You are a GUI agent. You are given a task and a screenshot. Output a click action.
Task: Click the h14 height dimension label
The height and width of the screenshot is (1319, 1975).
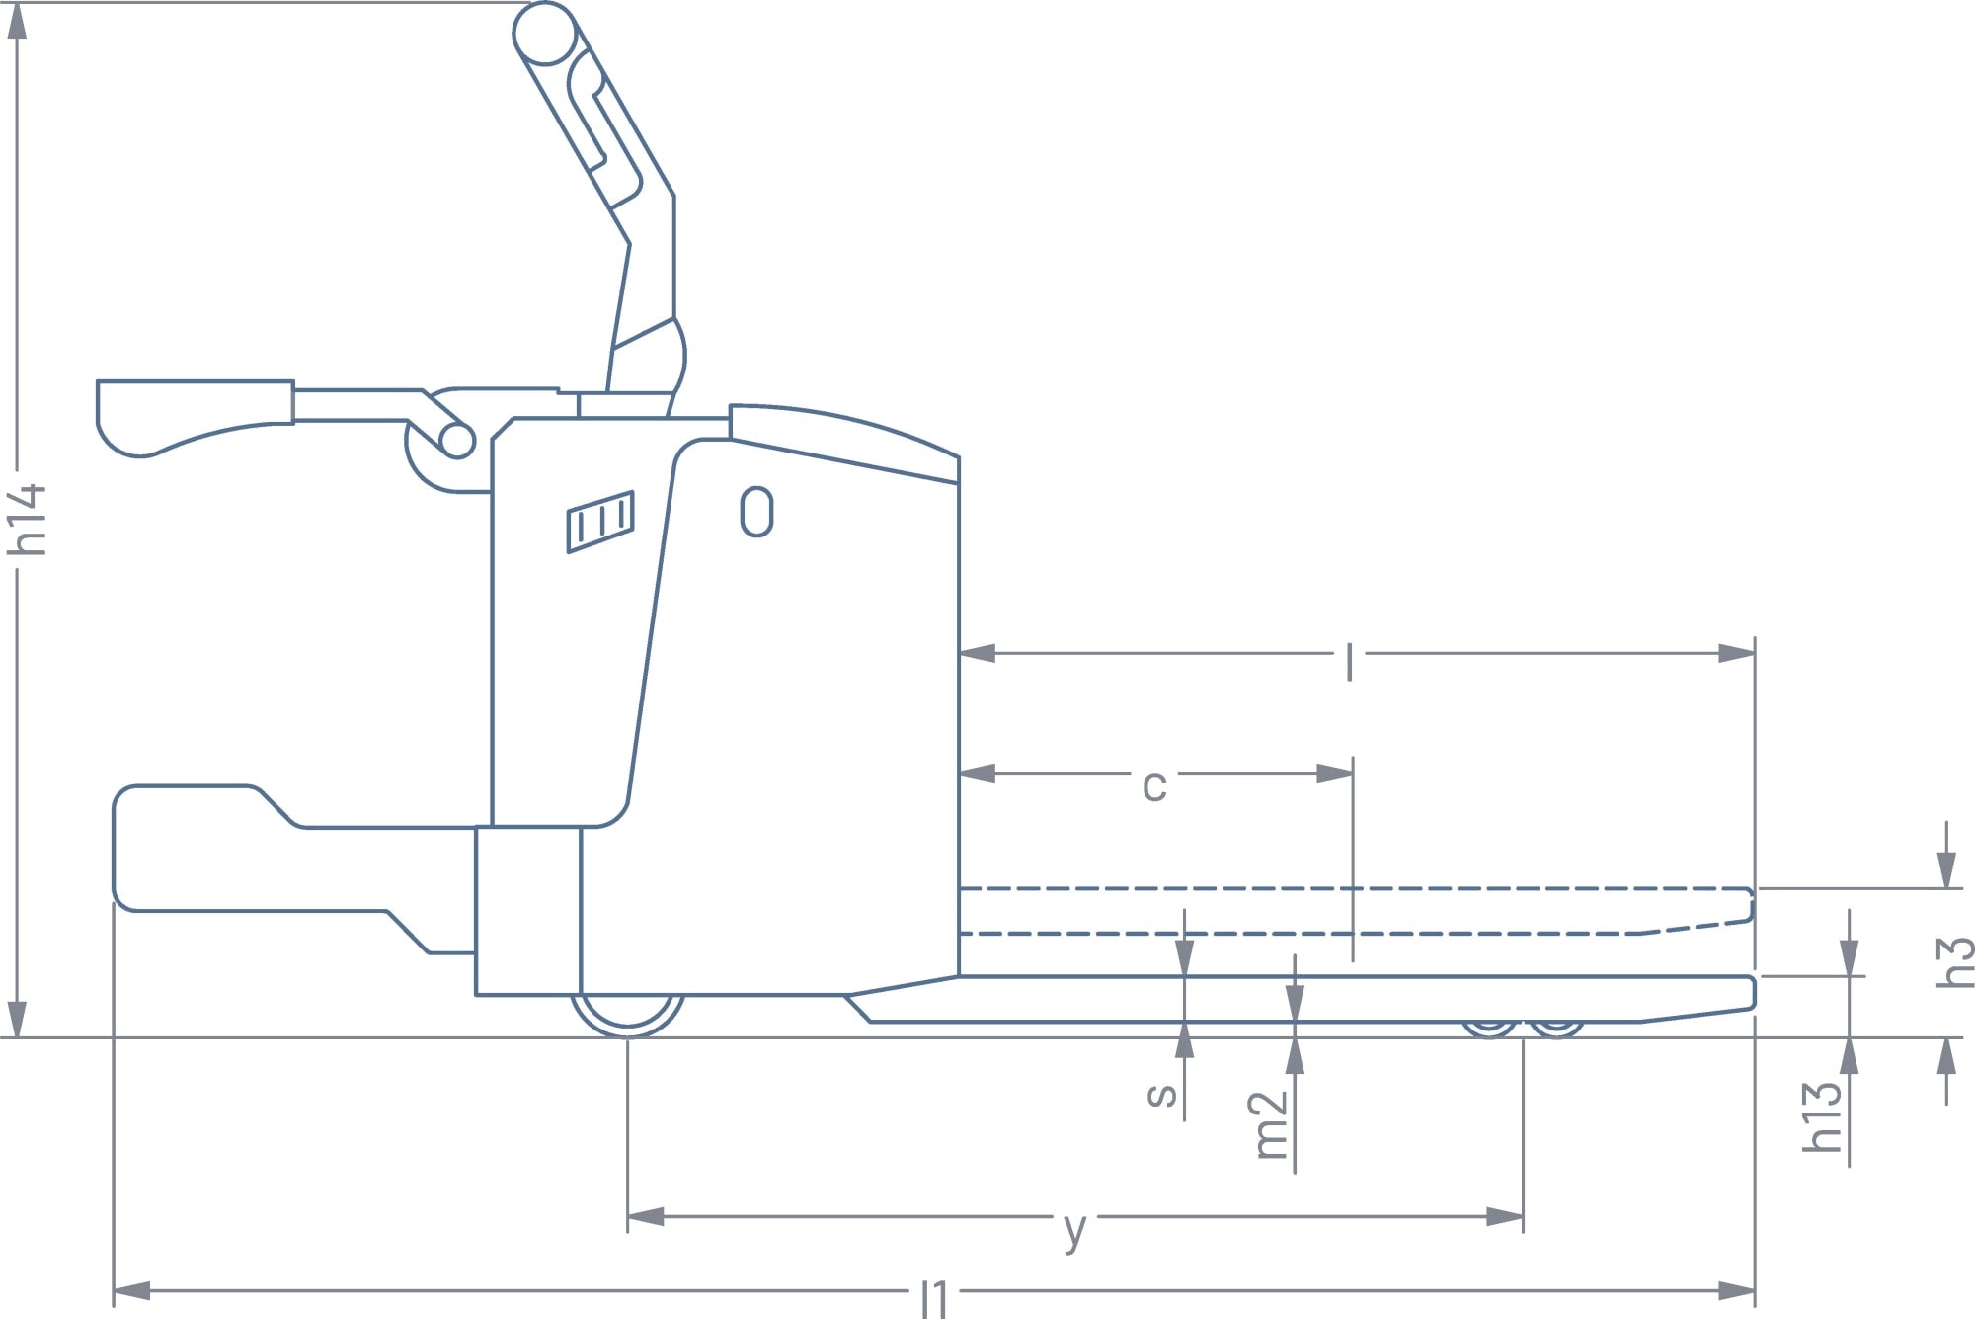pos(28,519)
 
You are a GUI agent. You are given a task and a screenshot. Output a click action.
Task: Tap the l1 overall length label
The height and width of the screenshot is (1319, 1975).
pos(934,1297)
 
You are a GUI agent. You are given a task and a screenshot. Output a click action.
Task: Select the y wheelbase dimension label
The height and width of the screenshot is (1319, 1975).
pos(1075,1231)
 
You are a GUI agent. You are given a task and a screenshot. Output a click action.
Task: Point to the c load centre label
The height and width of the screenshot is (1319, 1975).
pos(1154,786)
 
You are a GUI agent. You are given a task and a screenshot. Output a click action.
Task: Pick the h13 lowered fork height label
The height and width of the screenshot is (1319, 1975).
pos(1822,1116)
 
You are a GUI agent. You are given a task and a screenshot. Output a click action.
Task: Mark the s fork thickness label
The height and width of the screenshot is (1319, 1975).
pos(1162,1094)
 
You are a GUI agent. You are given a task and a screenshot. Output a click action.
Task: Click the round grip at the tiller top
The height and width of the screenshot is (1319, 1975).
pos(544,33)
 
